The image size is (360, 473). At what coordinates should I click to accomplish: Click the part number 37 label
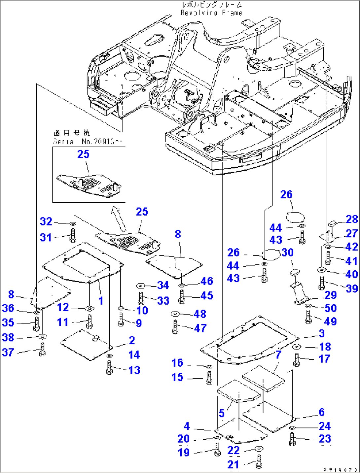pyautogui.click(x=8, y=352)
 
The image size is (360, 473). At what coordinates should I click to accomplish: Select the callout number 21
pyautogui.click(x=233, y=464)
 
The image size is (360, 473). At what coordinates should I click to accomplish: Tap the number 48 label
pyautogui.click(x=200, y=314)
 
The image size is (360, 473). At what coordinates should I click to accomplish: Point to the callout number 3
pyautogui.click(x=322, y=333)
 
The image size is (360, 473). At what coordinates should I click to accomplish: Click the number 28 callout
pyautogui.click(x=352, y=219)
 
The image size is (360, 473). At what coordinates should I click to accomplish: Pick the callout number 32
pyautogui.click(x=46, y=221)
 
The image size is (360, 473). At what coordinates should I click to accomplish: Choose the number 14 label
pyautogui.click(x=134, y=355)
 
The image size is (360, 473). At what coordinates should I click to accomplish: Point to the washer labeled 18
pyautogui.click(x=297, y=347)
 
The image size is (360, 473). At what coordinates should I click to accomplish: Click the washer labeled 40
pyautogui.click(x=321, y=270)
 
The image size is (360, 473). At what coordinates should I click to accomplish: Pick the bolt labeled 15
pyautogui.click(x=209, y=378)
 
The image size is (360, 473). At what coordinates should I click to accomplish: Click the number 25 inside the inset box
pyautogui.click(x=83, y=154)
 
